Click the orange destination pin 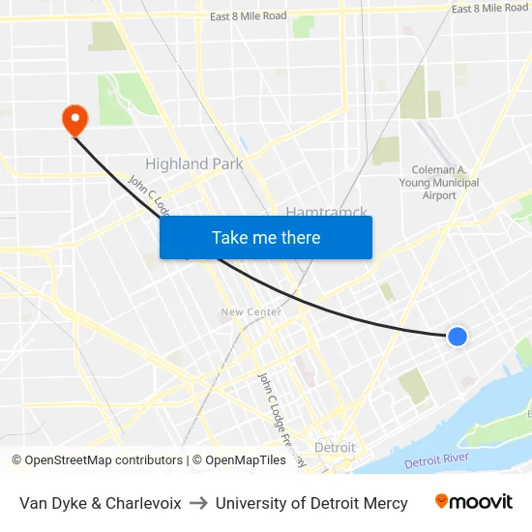pos(74,119)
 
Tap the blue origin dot pos(458,336)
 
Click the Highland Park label pos(193,164)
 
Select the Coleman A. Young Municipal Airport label pos(439,182)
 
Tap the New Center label pos(251,311)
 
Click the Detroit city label pos(335,448)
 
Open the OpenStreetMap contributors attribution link pos(103,460)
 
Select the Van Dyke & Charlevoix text pos(100,503)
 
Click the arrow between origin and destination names pos(198,503)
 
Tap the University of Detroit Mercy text pos(311,503)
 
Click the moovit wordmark pos(482,502)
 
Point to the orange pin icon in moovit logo pos(442,501)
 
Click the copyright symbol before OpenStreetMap pos(17,460)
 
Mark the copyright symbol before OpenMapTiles pos(197,460)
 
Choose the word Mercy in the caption pos(385,503)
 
